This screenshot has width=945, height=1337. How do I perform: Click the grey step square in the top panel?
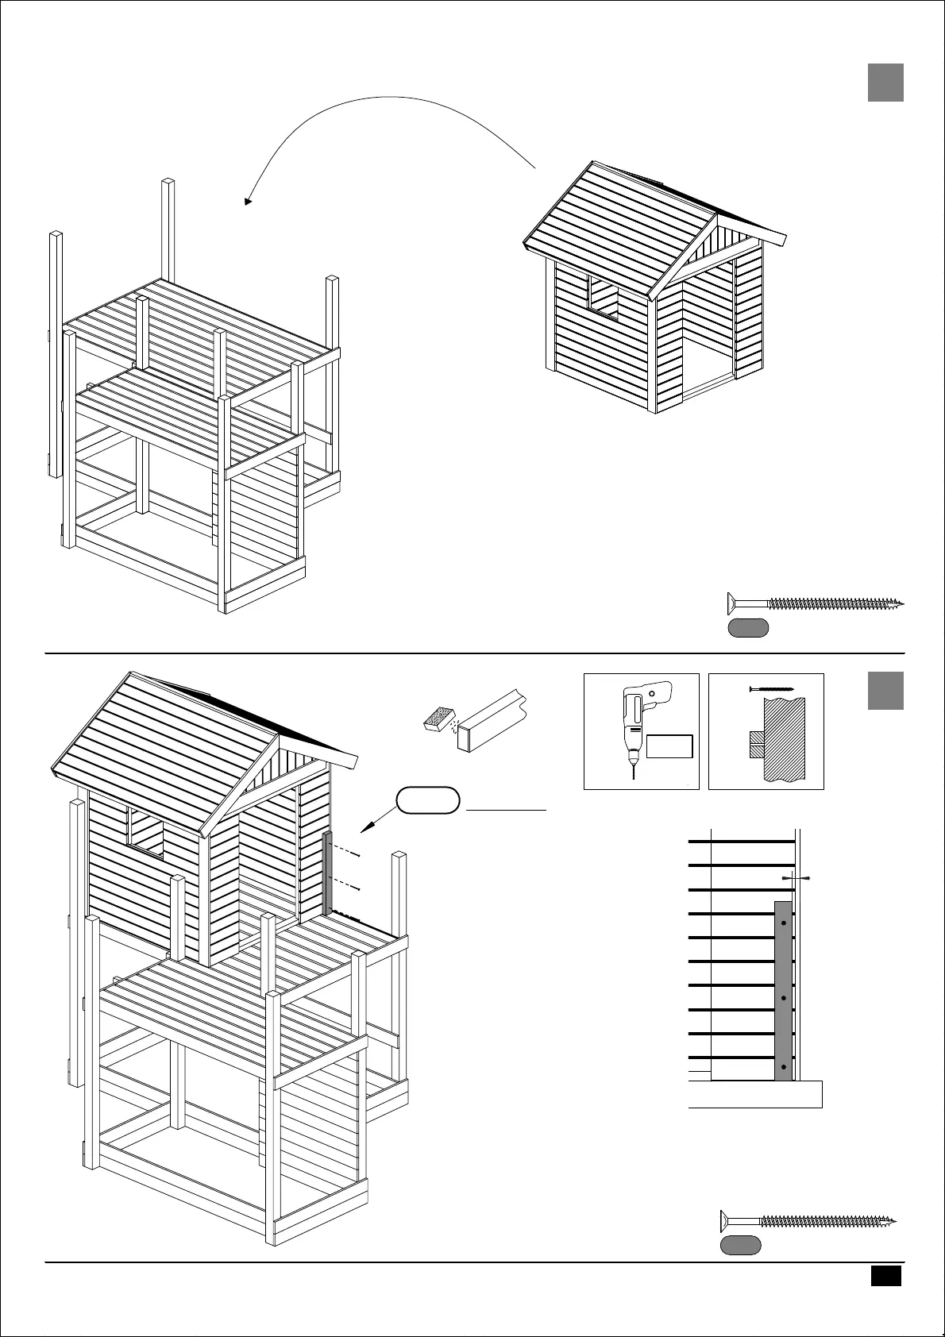point(885,83)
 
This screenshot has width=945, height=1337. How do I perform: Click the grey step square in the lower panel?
point(885,691)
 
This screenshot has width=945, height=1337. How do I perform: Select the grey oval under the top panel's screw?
point(748,628)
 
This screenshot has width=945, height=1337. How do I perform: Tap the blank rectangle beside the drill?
point(669,746)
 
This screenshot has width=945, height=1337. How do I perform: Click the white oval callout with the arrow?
point(429,800)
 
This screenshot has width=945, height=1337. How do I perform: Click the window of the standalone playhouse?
point(603,298)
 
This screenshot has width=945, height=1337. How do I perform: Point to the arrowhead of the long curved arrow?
point(248,202)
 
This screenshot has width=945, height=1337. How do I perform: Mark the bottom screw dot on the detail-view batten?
point(784,1066)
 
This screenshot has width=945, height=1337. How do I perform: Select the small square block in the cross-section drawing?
point(756,744)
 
